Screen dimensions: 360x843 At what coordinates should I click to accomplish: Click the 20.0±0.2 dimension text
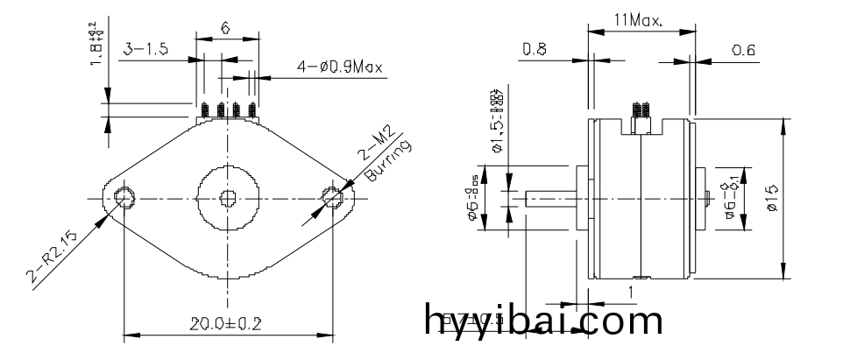[226, 323]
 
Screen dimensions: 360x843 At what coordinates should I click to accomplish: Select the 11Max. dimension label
[641, 18]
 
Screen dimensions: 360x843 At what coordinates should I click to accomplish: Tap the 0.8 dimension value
[535, 51]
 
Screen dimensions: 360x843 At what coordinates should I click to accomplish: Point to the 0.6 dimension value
[743, 51]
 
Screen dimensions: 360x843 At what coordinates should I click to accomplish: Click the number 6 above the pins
[225, 28]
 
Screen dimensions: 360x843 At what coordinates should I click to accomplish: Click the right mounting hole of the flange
[333, 199]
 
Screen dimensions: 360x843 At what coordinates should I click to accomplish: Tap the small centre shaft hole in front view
[228, 198]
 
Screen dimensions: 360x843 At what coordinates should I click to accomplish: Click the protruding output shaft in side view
[549, 199]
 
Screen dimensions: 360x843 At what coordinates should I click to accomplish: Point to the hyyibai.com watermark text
[543, 321]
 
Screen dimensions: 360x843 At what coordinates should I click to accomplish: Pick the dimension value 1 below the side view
[630, 291]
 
